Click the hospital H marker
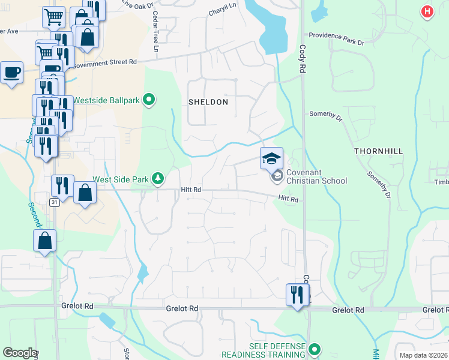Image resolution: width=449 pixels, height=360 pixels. click(x=427, y=11)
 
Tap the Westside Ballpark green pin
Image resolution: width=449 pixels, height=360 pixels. click(x=149, y=100)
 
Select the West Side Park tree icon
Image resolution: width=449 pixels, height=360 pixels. click(x=158, y=178)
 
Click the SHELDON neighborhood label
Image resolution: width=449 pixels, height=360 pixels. click(x=208, y=102)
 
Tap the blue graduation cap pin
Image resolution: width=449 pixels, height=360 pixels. click(x=271, y=158)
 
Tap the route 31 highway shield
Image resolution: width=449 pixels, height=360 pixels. click(x=55, y=202)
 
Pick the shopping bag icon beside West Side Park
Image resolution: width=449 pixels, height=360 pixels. click(x=85, y=193)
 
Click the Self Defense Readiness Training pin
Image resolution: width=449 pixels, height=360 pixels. click(x=314, y=349)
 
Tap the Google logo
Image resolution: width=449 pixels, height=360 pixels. click(x=20, y=353)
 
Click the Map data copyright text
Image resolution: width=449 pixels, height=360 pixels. click(x=423, y=355)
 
